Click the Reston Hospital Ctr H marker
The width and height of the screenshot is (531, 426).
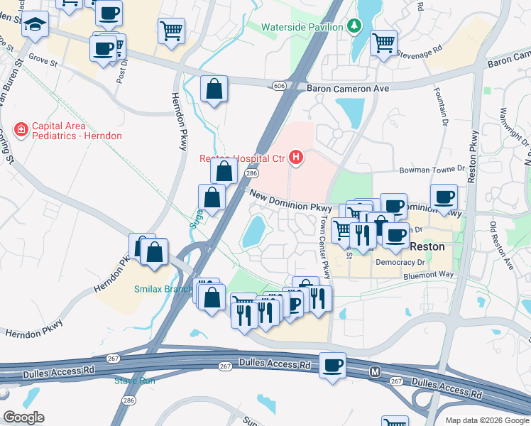pyautogui.click(x=295, y=157)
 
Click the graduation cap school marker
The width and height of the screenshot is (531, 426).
pyautogui.click(x=33, y=26)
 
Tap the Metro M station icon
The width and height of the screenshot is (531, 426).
pyautogui.click(x=375, y=371)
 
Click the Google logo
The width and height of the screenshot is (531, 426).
pyautogui.click(x=23, y=417)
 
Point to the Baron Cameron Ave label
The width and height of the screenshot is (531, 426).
pyautogui.click(x=349, y=89)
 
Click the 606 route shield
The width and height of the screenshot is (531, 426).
pyautogui.click(x=278, y=86)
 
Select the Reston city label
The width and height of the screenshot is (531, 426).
pyautogui.click(x=429, y=247)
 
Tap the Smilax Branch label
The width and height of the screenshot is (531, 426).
pyautogui.click(x=163, y=289)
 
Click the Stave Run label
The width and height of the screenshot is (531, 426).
pyautogui.click(x=135, y=381)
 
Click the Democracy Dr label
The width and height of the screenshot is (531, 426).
pyautogui.click(x=400, y=262)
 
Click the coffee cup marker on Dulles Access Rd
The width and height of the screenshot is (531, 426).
pyautogui.click(x=332, y=366)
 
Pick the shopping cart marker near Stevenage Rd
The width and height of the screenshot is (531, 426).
pyautogui.click(x=383, y=43)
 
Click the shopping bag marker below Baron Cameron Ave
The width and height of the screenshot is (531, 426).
pyautogui.click(x=214, y=90)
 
